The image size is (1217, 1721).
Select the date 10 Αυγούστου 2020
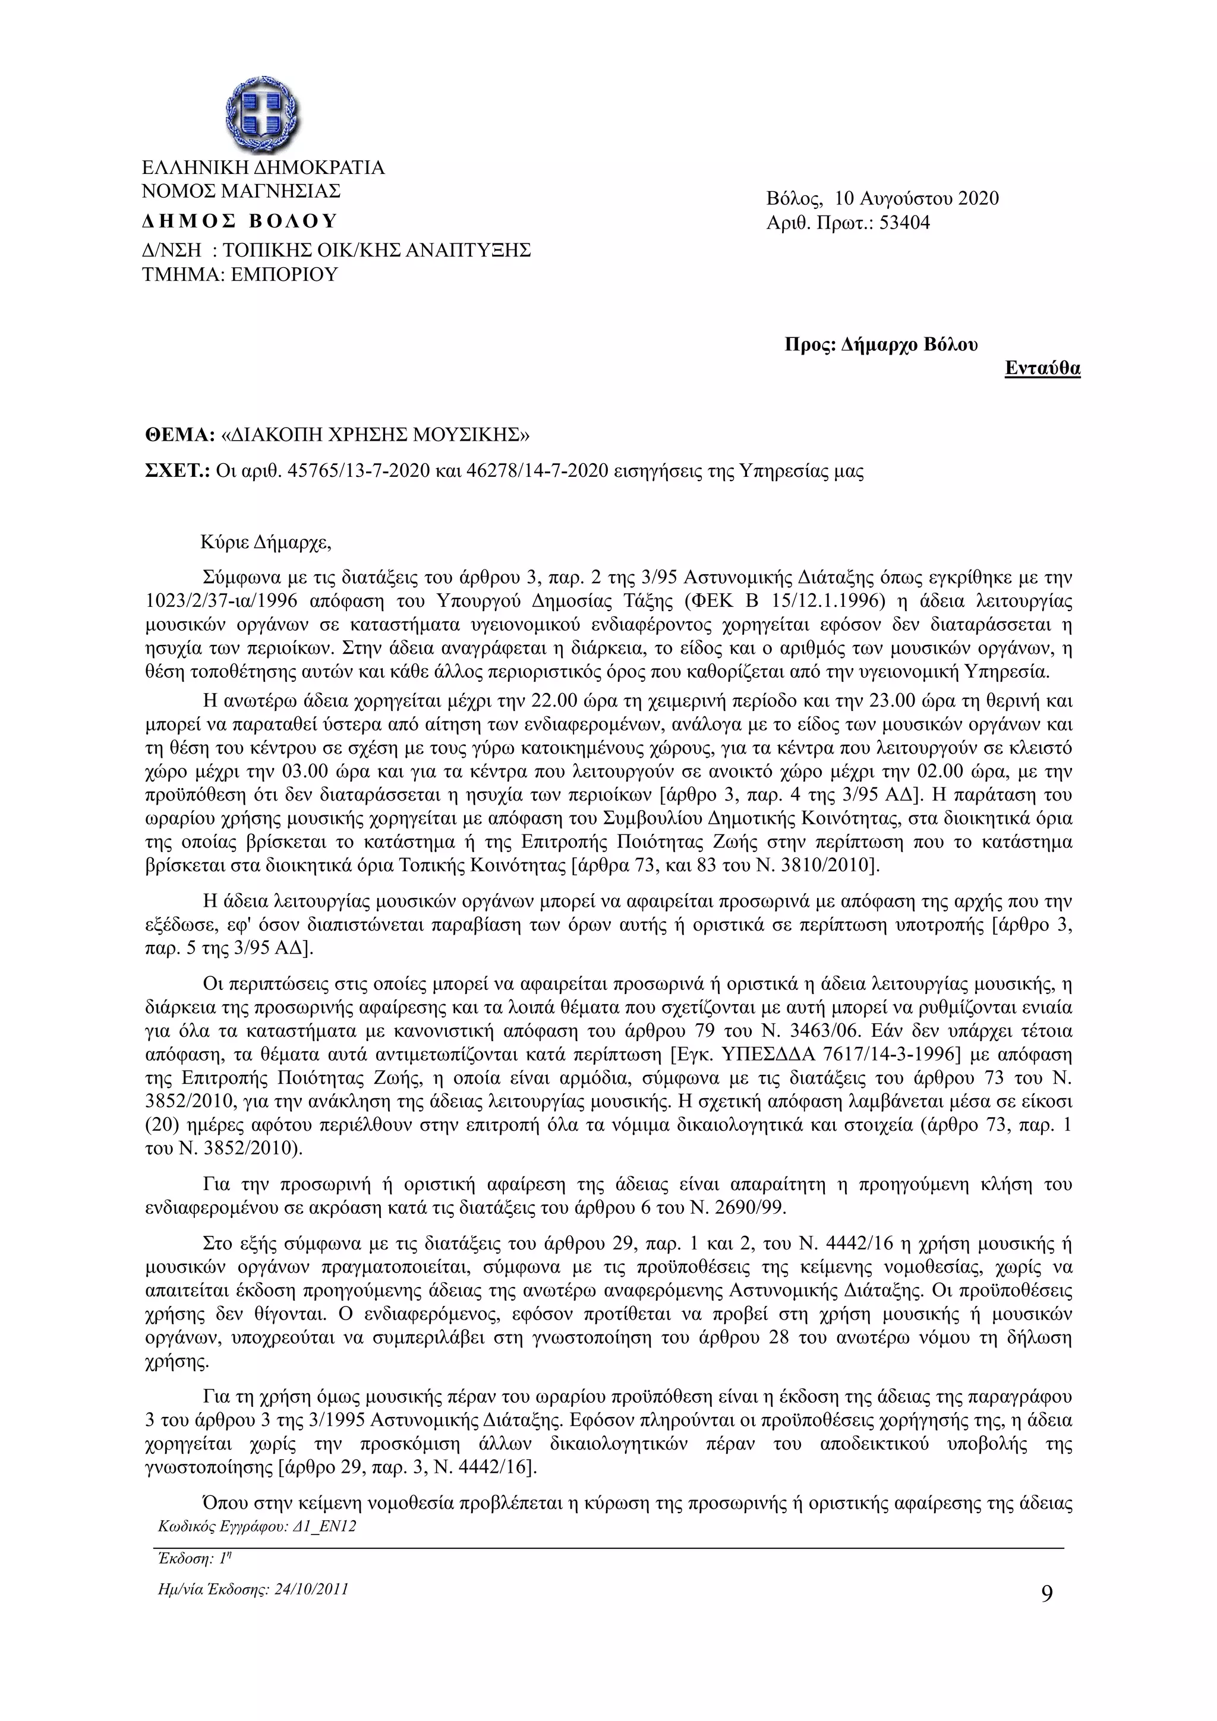tap(916, 198)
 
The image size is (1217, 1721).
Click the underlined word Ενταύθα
tap(1042, 368)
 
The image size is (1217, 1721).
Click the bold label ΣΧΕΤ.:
tap(177, 471)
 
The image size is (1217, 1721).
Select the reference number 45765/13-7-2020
tap(358, 471)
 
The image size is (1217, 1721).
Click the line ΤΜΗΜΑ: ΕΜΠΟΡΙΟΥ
tap(240, 274)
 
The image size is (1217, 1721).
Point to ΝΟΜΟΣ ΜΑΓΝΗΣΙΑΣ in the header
tap(241, 191)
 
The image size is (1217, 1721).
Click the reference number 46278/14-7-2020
tap(537, 471)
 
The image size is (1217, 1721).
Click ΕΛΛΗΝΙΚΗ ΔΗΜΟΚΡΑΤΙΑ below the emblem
tap(263, 167)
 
